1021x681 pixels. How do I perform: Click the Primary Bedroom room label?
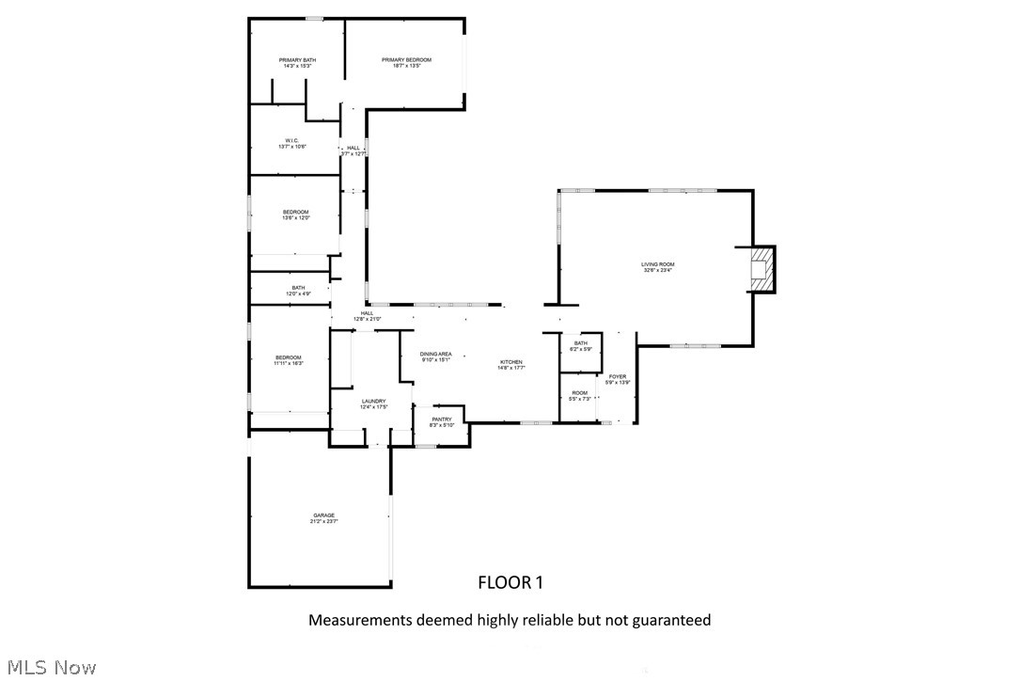[x=406, y=63]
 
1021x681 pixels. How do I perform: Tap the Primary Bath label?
[x=297, y=63]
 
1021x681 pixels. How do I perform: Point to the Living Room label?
[x=657, y=268]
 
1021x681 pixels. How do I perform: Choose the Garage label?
[x=323, y=518]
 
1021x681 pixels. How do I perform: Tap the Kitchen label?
[x=510, y=365]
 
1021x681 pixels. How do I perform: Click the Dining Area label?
[x=435, y=356]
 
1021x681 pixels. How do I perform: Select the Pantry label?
[x=442, y=422]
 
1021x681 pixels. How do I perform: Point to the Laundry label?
[x=373, y=404]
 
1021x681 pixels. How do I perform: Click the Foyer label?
[x=617, y=379]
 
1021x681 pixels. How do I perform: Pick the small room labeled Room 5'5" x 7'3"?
[x=579, y=396]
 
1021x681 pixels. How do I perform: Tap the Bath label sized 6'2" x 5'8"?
[x=580, y=346]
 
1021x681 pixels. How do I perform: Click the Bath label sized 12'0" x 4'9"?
[x=298, y=291]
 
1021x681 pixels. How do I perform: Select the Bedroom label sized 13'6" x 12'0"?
[x=295, y=215]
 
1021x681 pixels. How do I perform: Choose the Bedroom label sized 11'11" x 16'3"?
[x=288, y=360]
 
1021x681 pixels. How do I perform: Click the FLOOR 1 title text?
[x=510, y=583]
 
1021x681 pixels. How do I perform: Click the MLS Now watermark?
[x=49, y=668]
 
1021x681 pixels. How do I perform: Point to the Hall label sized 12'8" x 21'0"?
[x=367, y=316]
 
